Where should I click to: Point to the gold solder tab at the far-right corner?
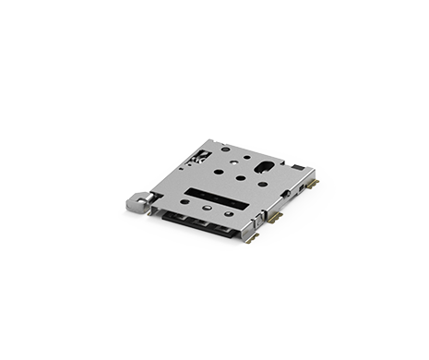(314, 184)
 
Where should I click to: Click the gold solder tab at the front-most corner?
(253, 235)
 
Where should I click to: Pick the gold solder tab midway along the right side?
(276, 216)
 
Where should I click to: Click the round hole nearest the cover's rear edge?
(224, 149)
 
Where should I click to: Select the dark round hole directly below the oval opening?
(261, 185)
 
